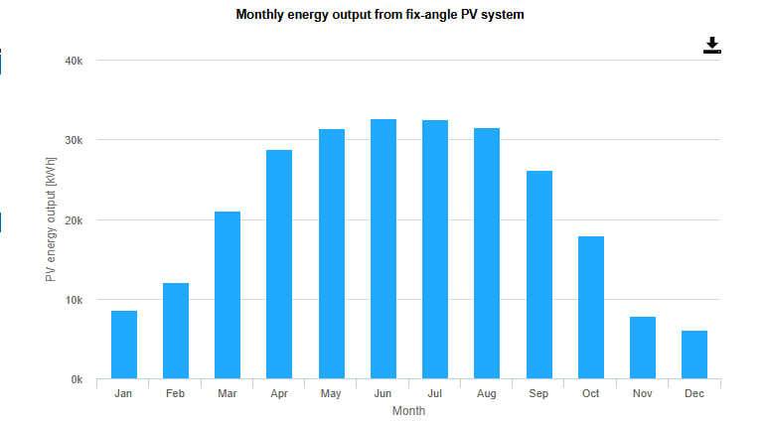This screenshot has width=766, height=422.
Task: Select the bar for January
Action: [124, 345]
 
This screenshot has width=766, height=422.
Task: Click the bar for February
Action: [176, 331]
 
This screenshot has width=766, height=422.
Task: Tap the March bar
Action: [228, 295]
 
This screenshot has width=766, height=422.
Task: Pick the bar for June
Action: [383, 248]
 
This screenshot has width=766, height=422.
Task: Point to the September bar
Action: [539, 274]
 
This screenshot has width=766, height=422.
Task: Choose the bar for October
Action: [591, 307]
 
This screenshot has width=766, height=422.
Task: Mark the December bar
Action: [694, 354]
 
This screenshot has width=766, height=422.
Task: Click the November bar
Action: [643, 348]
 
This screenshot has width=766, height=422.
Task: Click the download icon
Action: [712, 45]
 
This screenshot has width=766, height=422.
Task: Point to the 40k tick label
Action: [74, 61]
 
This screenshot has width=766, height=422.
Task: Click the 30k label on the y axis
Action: [74, 141]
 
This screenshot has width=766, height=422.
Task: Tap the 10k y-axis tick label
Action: [74, 301]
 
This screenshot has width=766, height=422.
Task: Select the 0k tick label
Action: [77, 379]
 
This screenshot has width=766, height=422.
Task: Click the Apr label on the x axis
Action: [279, 393]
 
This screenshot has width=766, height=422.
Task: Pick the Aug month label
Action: [487, 393]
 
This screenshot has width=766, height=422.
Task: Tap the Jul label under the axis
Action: [435, 393]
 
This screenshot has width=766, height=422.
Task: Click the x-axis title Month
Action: [408, 411]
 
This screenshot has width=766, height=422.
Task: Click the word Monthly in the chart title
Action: [260, 15]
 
